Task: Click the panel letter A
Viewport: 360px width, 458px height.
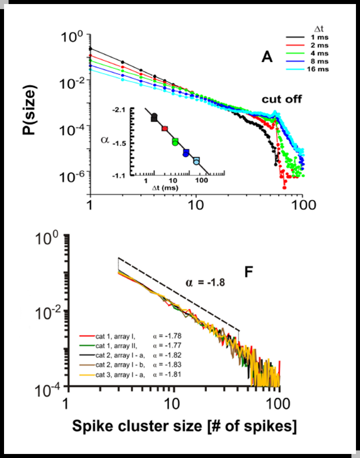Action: (267, 58)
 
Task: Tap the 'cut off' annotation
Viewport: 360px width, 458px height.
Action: (281, 99)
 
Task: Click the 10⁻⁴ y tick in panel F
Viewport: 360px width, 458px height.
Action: (50, 387)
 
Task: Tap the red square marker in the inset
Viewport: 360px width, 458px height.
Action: (164, 129)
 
